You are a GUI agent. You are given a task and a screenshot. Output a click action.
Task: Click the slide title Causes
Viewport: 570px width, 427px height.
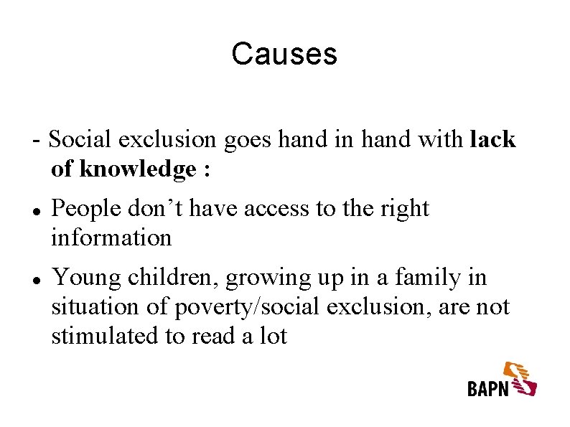point(284,54)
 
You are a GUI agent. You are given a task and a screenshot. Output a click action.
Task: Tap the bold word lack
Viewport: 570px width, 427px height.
point(492,139)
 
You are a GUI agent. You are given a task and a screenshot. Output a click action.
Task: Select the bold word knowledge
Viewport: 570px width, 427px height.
point(137,169)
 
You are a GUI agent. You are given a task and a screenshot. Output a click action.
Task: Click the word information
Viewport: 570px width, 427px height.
point(111,238)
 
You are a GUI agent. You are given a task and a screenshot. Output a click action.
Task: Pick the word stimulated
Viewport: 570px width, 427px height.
point(106,336)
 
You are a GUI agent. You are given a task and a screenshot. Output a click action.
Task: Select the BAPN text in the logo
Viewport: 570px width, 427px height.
point(487,388)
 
